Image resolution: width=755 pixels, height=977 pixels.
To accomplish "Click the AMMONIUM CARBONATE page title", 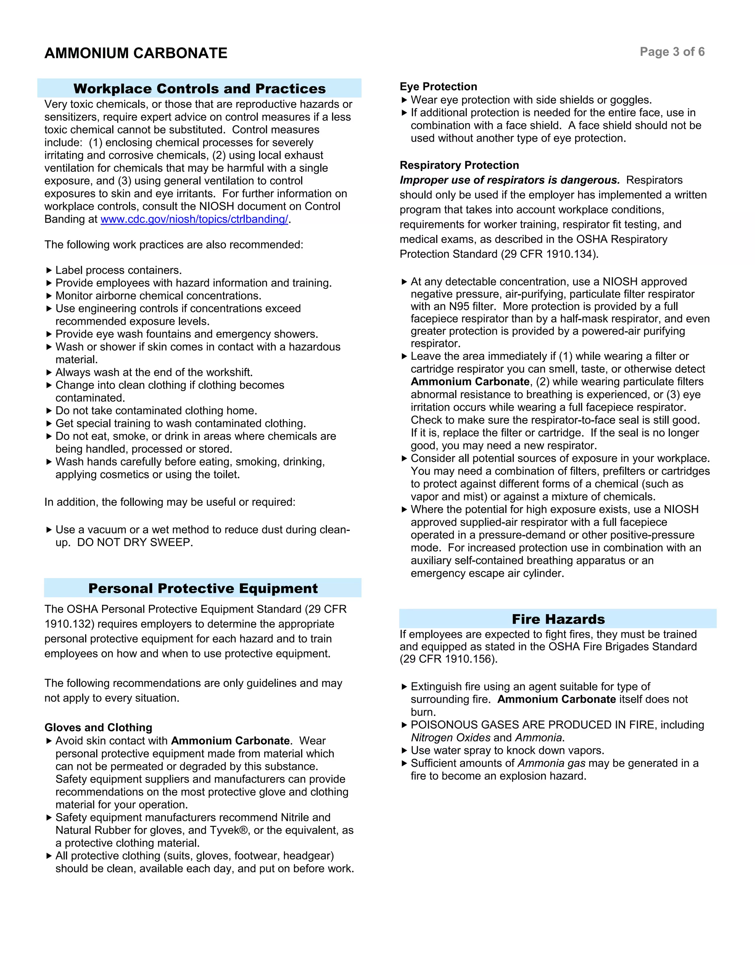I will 136,53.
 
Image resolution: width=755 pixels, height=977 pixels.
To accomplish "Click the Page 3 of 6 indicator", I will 672,52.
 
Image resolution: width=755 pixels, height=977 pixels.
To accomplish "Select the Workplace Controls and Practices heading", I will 199,88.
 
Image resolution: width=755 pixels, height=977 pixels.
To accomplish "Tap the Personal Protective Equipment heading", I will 203,588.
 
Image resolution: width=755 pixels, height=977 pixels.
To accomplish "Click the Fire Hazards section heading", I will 558,619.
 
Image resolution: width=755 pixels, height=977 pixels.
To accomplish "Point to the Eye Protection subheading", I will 438,86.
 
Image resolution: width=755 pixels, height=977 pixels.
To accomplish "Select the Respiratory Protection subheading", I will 459,165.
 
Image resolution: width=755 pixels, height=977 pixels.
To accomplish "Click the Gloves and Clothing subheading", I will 98,727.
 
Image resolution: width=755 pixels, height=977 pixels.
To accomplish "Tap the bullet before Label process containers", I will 49,270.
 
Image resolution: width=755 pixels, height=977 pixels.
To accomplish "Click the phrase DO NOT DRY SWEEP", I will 135,542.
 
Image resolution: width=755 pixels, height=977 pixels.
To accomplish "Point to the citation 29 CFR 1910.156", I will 448,659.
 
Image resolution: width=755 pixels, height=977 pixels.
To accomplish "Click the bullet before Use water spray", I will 404,751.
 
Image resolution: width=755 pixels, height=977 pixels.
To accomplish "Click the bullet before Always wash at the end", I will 49,372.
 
